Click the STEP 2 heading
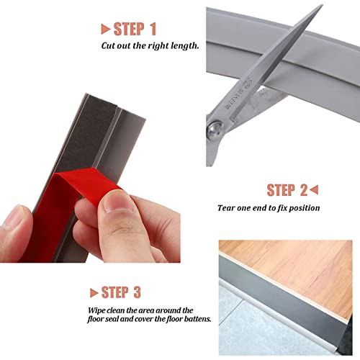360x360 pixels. (287, 190)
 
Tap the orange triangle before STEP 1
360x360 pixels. (105, 29)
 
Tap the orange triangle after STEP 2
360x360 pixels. (314, 190)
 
